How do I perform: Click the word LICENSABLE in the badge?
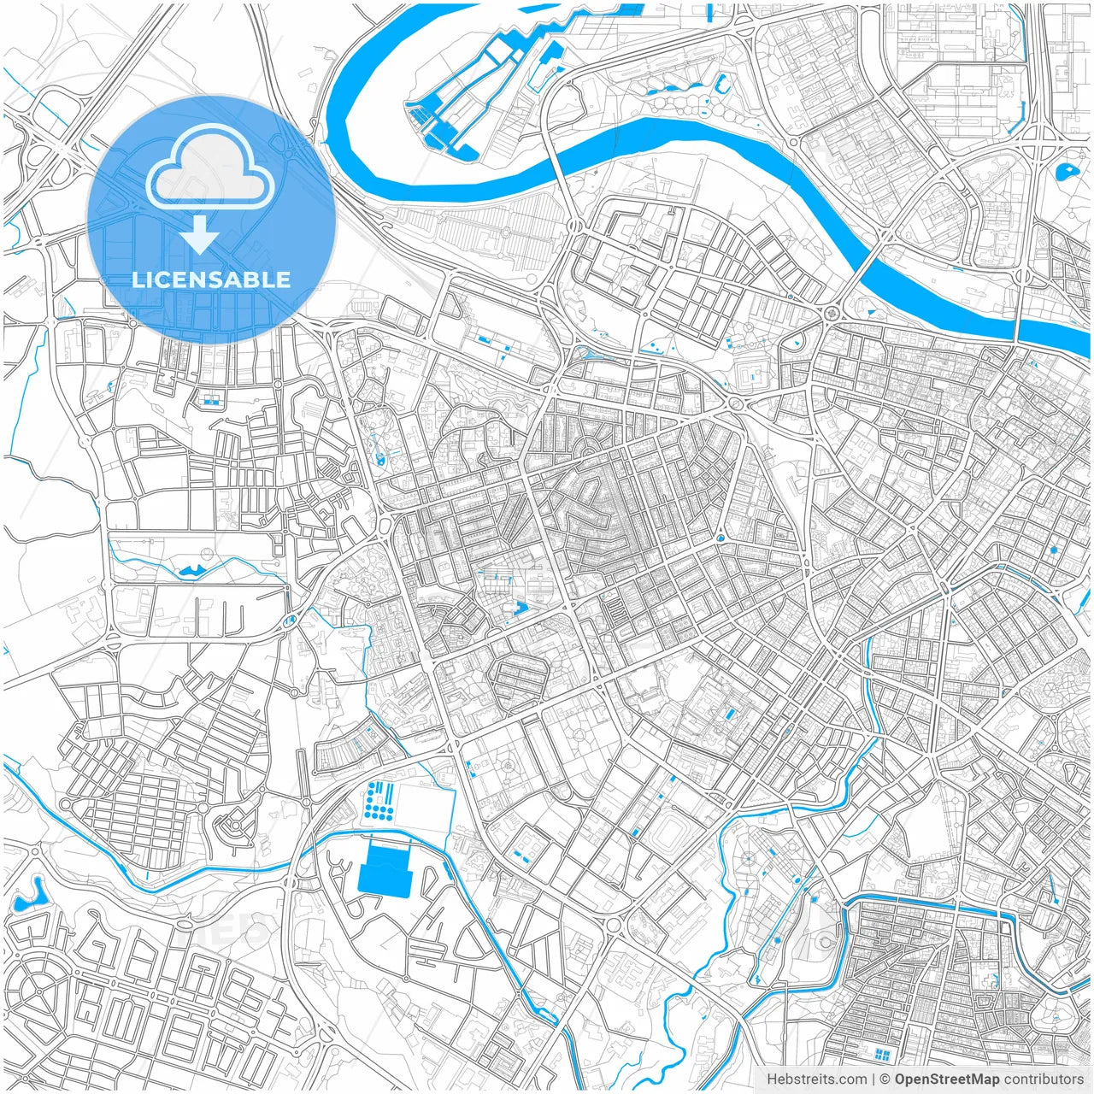[x=211, y=279]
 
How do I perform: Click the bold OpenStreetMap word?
[x=947, y=1079]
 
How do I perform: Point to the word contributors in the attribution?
[x=1044, y=1079]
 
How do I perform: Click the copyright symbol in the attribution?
[x=885, y=1079]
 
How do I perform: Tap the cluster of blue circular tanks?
[x=379, y=798]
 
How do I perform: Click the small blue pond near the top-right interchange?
[x=1067, y=172]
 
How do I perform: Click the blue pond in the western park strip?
[x=193, y=569]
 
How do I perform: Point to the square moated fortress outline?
[x=752, y=372]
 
